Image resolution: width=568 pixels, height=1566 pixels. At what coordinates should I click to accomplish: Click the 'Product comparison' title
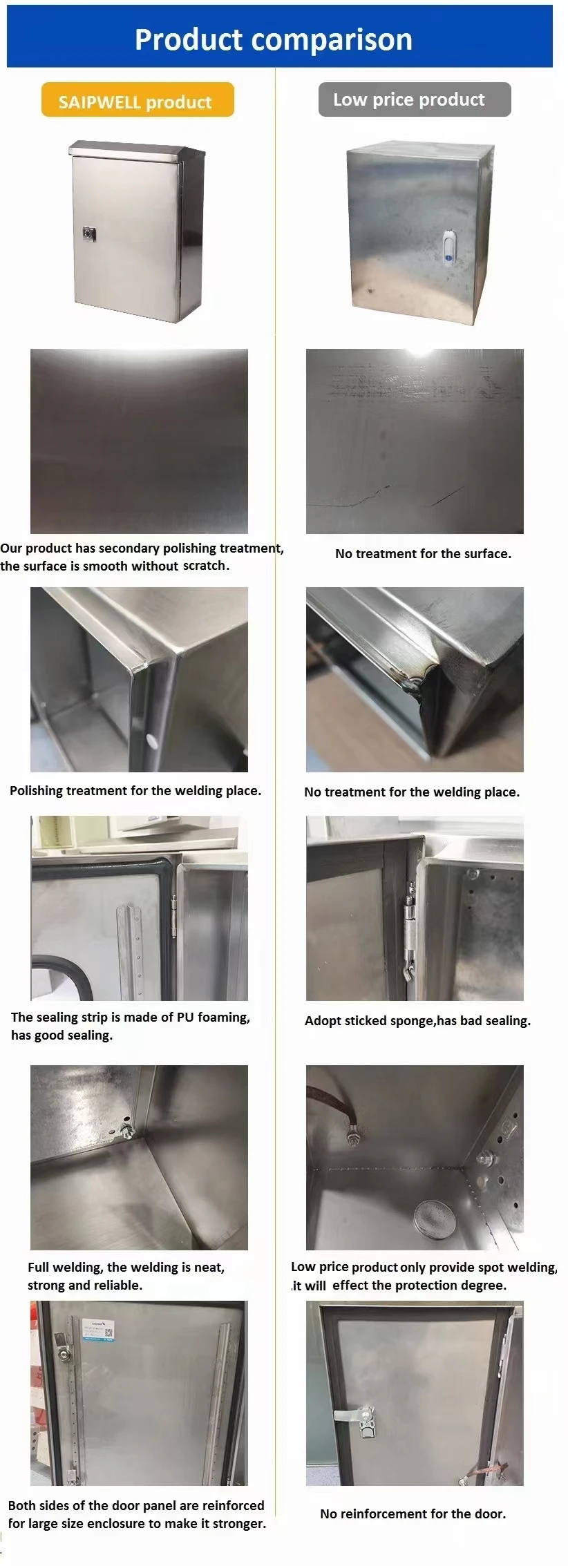[x=274, y=39]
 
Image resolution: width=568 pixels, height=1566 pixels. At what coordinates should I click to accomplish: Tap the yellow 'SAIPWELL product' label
[x=135, y=102]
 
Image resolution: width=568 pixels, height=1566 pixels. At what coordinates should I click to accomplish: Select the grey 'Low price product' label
[x=409, y=99]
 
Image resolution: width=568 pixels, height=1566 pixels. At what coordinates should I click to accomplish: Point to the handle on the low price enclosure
[x=448, y=247]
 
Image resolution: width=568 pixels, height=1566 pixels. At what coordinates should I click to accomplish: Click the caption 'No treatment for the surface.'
[x=423, y=553]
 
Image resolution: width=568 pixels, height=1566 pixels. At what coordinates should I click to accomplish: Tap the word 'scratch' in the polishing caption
[x=204, y=566]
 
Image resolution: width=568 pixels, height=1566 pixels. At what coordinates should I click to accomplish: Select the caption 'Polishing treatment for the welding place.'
[x=135, y=790]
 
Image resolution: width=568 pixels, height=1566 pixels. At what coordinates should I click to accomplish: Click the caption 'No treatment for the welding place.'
[x=412, y=792]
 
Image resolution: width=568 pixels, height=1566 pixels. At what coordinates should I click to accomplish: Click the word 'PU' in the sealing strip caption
[x=184, y=1017]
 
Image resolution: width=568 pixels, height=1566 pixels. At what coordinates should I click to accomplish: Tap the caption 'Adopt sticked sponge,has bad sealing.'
[x=417, y=1020]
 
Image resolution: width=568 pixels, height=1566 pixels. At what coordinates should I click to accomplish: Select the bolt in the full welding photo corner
[x=127, y=1130]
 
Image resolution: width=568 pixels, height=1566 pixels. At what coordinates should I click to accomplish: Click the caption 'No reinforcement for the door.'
[x=413, y=1514]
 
